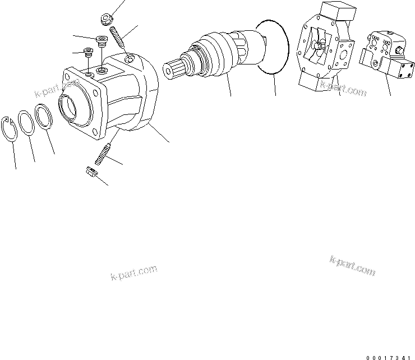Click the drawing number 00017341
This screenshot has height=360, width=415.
click(391, 350)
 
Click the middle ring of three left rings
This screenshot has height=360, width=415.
click(26, 123)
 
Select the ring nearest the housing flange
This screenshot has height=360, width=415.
click(44, 117)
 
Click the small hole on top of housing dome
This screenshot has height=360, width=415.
click(130, 58)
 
